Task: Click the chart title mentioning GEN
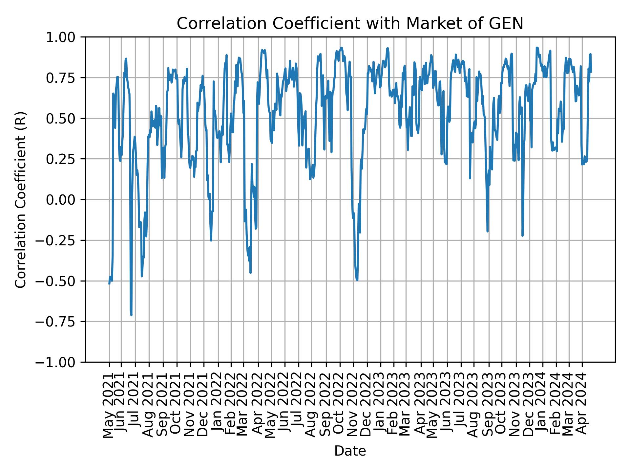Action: click(x=350, y=24)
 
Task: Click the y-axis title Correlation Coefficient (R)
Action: click(x=21, y=199)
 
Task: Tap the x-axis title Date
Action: click(x=350, y=451)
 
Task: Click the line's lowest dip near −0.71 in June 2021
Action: click(x=131, y=315)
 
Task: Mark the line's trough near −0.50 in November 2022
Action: click(x=357, y=280)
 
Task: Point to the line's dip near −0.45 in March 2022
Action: click(x=250, y=272)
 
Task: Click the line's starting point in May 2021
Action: click(x=109, y=283)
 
